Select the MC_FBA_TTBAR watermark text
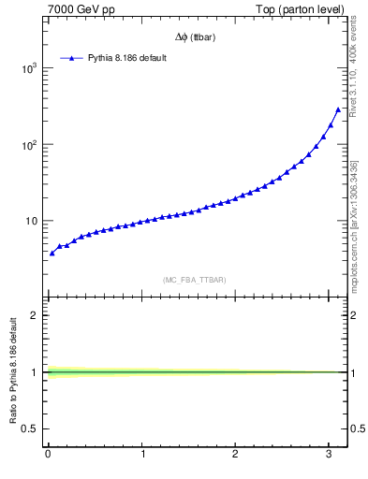(x=194, y=280)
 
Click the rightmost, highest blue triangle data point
(x=338, y=109)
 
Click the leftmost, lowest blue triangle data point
(x=52, y=254)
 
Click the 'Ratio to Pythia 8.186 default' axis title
(x=13, y=372)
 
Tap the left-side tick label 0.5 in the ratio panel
(x=31, y=428)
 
